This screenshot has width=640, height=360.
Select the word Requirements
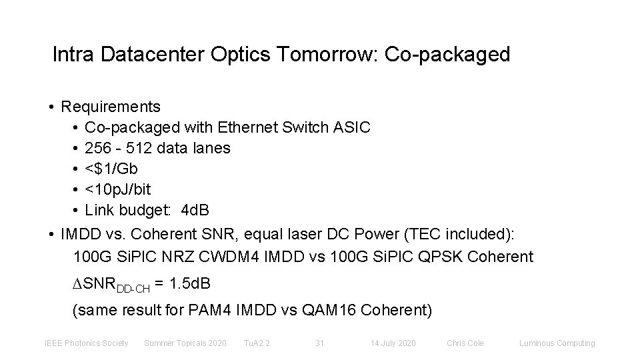click(x=111, y=107)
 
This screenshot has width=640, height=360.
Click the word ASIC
click(x=352, y=127)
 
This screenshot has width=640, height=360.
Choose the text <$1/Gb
click(x=112, y=169)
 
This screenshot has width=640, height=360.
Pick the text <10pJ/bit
click(x=118, y=189)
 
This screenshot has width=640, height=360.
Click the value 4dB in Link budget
click(x=195, y=210)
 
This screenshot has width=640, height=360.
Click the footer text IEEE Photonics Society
click(x=86, y=343)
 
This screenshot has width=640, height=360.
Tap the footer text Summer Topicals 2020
click(x=185, y=343)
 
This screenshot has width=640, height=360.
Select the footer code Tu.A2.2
click(x=257, y=343)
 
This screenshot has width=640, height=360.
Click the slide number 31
click(x=319, y=343)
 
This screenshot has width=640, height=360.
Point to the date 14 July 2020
click(x=393, y=343)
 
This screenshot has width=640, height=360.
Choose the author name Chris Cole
click(x=465, y=343)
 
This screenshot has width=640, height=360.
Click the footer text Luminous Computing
click(x=557, y=343)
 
